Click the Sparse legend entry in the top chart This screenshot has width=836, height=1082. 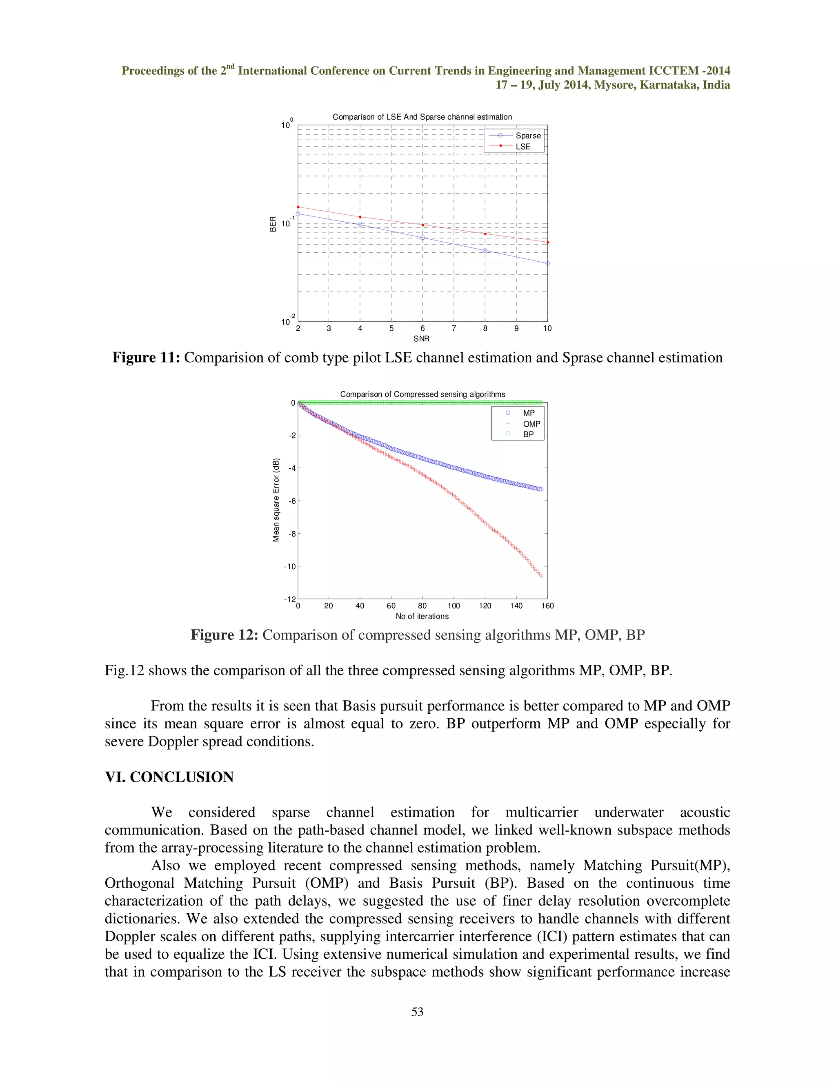tap(527, 136)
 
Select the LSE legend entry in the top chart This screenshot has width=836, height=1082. tap(522, 147)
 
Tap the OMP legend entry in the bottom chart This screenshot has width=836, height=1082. tap(531, 424)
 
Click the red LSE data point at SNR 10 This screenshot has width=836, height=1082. tap(547, 242)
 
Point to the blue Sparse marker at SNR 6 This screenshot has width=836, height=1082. tap(422, 238)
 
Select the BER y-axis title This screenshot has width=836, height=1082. tap(273, 224)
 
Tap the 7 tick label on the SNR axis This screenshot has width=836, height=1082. tap(454, 328)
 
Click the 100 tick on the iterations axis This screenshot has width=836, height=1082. tap(453, 606)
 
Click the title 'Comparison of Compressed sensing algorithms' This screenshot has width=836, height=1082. tap(422, 394)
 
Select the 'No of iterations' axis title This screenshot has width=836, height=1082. tap(422, 616)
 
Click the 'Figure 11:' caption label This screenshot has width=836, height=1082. tap(146, 358)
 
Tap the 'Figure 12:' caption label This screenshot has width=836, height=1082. tap(225, 635)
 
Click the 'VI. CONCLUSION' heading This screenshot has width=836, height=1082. tap(169, 777)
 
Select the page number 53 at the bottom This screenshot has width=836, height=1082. tap(418, 1012)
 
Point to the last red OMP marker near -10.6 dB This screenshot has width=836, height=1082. tap(541, 576)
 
